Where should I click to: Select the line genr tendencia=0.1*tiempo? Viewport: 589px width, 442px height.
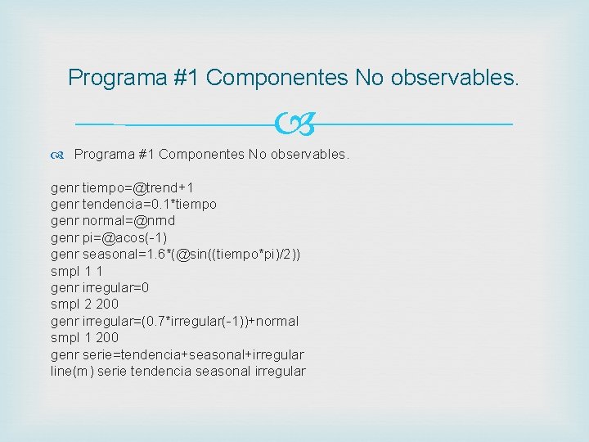coord(133,204)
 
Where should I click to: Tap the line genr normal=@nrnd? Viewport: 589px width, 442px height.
coord(113,221)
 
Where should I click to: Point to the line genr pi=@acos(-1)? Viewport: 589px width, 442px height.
coord(109,237)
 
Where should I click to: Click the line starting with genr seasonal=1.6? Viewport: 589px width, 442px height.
coord(175,255)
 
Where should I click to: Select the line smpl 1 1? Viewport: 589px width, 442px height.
coord(76,271)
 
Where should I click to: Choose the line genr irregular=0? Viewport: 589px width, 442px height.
coord(100,287)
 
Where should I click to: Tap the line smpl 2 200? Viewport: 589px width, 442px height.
coord(84,304)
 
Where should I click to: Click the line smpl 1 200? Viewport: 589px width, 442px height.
coord(84,337)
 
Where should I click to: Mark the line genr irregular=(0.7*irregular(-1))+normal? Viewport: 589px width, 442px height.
coord(174,321)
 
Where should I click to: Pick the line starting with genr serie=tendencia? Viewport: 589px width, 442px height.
coord(177,354)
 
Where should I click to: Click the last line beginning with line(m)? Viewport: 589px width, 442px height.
coord(178,371)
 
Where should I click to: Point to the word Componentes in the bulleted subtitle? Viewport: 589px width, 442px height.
coord(201,155)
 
